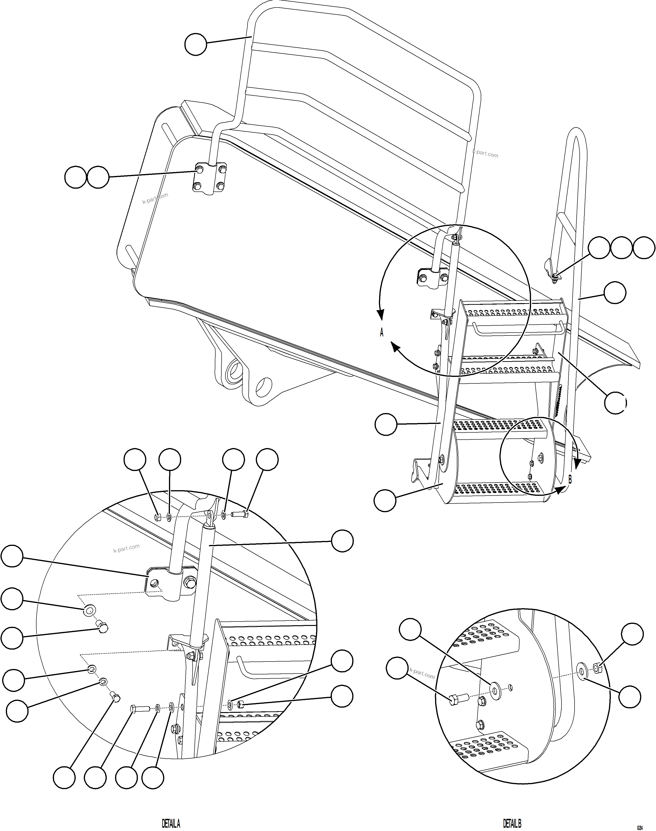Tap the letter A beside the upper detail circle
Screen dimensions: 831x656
point(381,333)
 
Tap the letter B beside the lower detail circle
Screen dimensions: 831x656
point(570,480)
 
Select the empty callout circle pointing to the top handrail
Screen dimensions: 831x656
point(195,44)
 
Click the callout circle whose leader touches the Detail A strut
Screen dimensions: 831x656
point(342,541)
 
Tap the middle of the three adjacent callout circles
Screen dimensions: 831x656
point(621,248)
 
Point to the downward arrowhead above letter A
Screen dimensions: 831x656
point(381,315)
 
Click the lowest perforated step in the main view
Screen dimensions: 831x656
point(499,489)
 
